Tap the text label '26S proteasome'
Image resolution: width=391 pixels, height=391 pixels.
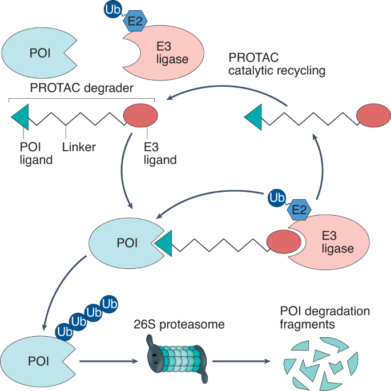click(178, 325)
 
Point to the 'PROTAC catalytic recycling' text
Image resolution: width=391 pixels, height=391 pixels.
click(276, 65)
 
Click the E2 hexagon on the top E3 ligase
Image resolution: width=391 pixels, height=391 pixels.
click(135, 20)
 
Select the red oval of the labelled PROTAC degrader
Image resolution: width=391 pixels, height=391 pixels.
click(140, 116)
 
